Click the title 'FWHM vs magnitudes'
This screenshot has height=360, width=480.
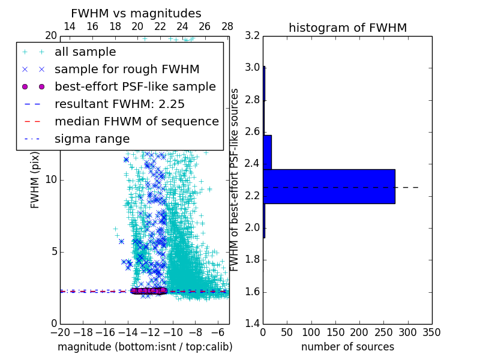click(x=136, y=14)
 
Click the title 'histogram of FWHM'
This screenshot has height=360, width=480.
click(x=347, y=28)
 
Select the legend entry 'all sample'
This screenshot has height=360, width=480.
click(x=85, y=52)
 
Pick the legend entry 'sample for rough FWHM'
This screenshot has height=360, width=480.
click(x=127, y=70)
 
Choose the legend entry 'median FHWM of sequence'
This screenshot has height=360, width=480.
click(x=136, y=121)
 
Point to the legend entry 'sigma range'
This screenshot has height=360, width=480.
click(x=92, y=139)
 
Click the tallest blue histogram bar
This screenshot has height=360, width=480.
click(x=329, y=187)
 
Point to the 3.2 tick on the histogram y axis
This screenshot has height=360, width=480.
click(x=252, y=36)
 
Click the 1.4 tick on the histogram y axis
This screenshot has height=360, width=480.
click(x=252, y=324)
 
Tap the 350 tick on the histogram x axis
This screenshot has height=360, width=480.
click(x=432, y=332)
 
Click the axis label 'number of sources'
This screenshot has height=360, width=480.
click(x=347, y=347)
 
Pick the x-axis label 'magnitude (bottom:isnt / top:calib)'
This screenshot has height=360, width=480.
click(x=145, y=347)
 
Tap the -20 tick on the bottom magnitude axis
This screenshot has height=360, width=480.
click(x=60, y=332)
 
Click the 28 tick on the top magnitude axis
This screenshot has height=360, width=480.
click(x=227, y=27)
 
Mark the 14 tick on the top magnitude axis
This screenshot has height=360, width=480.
click(x=70, y=27)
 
